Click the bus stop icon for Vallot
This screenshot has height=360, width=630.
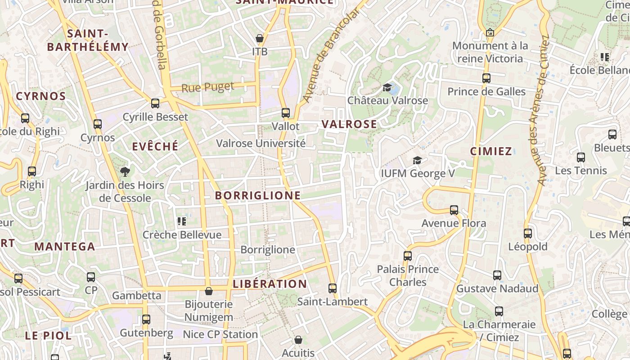tap(286, 112)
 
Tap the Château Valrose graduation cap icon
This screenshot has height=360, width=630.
tap(387, 87)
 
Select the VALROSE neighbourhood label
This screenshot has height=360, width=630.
tap(349, 124)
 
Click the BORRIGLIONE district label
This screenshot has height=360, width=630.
tap(258, 195)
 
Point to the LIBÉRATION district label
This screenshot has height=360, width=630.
tap(270, 284)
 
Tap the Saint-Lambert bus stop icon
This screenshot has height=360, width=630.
tap(333, 288)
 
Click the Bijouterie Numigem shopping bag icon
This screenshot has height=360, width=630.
tap(209, 291)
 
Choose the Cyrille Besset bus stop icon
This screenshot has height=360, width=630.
tap(155, 103)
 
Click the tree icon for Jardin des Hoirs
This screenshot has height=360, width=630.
tap(125, 171)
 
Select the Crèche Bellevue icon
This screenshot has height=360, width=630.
tap(182, 221)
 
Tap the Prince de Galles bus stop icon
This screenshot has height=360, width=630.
tap(486, 78)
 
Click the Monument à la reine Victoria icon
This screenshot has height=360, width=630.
tap(490, 32)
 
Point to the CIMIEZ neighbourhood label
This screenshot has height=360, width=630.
tap(491, 151)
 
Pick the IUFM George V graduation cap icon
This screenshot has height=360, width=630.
tap(418, 160)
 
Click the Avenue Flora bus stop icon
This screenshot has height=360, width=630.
tap(454, 210)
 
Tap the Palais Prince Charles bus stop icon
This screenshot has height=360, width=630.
tap(408, 256)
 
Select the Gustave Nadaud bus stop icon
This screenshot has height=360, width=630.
tap(497, 275)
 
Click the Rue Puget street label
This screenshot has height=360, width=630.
tap(208, 86)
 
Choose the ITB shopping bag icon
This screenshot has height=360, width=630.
tap(260, 38)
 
